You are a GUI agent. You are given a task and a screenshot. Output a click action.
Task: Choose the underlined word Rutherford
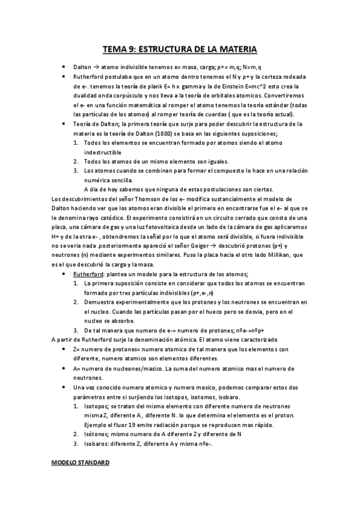click(x=88, y=273)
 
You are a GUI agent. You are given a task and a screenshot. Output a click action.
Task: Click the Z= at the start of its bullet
click(x=77, y=349)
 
